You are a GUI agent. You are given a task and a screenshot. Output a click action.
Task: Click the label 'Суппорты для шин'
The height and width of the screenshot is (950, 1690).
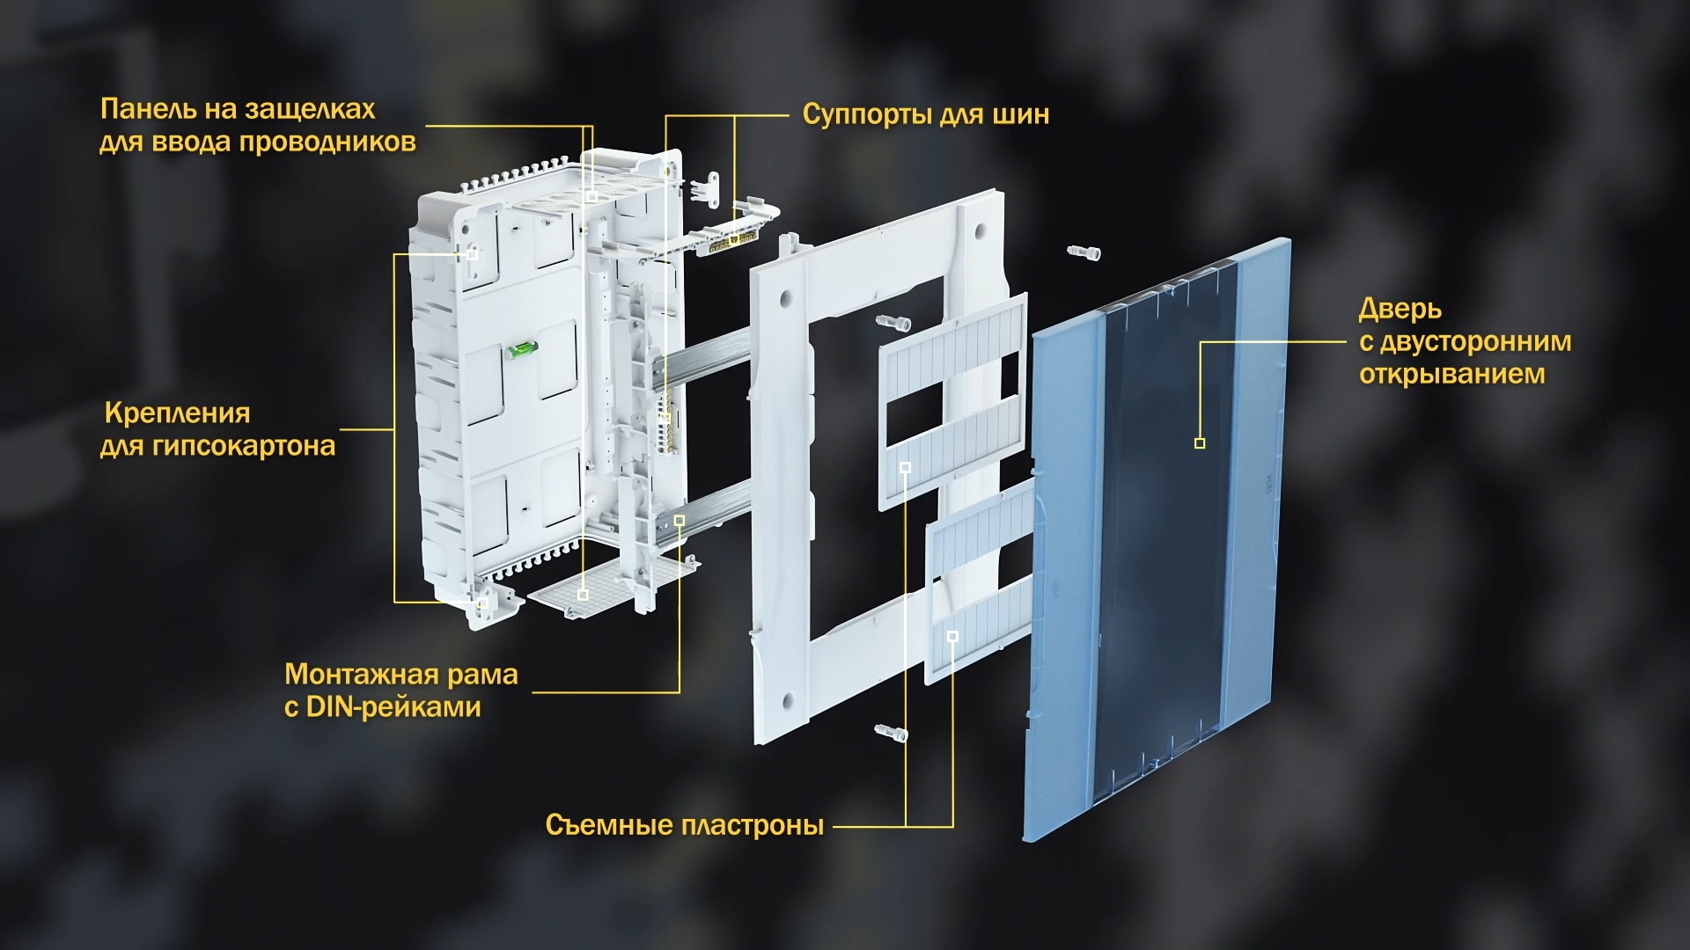[x=925, y=115]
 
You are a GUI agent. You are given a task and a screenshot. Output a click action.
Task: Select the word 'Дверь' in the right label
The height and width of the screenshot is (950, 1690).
[x=1400, y=310]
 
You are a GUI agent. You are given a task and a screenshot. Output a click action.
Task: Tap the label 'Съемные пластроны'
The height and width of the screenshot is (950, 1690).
[x=685, y=825]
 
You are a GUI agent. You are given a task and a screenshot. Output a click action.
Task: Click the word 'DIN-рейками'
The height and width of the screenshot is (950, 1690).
[x=393, y=707]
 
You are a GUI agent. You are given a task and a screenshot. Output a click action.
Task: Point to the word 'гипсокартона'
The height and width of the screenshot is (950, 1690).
[x=244, y=446]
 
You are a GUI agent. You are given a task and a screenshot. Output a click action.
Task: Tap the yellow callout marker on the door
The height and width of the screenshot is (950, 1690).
[x=1200, y=443]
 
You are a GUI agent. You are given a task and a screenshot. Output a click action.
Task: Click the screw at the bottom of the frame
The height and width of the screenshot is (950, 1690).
[x=891, y=732]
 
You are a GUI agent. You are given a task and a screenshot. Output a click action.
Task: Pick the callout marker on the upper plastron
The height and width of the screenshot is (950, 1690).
[x=905, y=467]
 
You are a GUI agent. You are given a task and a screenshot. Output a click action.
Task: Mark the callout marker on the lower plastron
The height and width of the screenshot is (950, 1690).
[x=952, y=635]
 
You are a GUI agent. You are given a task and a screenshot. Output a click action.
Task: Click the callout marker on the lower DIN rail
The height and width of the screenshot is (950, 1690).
[x=680, y=521]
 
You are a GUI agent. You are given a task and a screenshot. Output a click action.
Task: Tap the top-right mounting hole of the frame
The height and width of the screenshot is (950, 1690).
[x=979, y=232]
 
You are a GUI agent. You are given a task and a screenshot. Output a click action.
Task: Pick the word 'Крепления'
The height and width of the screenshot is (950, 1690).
[x=177, y=413]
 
